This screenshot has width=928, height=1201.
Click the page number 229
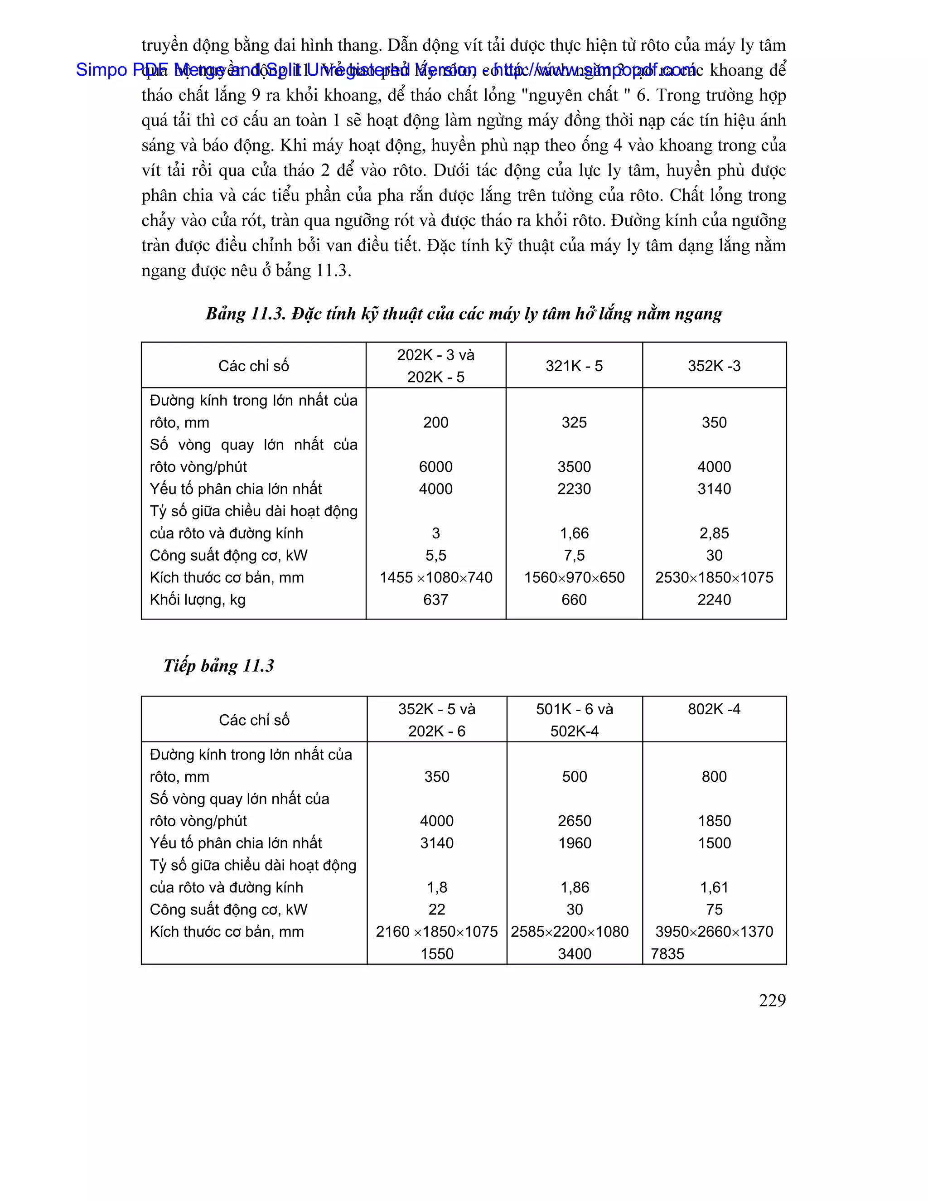[772, 1000]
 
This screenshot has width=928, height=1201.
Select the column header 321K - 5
[574, 366]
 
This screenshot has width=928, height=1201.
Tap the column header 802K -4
[714, 709]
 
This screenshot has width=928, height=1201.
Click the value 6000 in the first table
[435, 466]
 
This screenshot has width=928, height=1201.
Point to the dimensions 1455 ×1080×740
[435, 577]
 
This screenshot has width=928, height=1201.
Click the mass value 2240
[714, 600]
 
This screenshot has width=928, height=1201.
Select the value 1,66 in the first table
[574, 533]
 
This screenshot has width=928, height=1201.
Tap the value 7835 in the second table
[667, 954]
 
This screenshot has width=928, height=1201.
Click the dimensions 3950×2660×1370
[714, 931]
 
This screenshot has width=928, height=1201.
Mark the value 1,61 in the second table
[714, 887]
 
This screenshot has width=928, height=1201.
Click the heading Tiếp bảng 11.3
[218, 665]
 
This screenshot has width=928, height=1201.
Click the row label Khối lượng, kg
[198, 600]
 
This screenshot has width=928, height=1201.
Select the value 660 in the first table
[574, 600]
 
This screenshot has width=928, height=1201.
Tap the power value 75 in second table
[714, 909]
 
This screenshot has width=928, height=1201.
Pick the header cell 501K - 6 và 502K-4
[575, 720]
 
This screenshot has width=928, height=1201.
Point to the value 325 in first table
[574, 422]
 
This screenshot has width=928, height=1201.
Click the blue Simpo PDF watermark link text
[385, 70]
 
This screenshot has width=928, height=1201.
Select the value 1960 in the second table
[575, 843]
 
